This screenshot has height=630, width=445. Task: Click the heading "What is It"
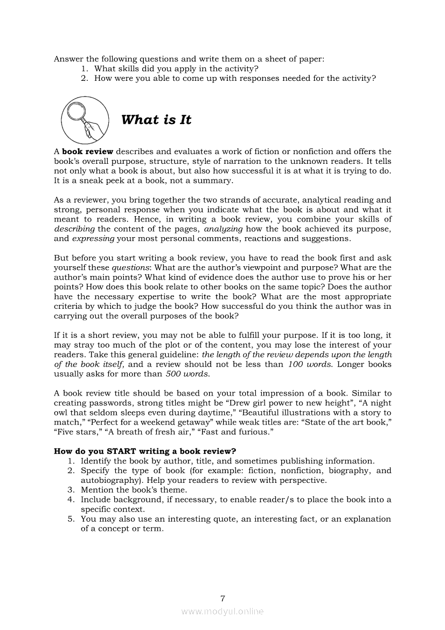click(156, 120)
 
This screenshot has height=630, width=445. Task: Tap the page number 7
click(222, 598)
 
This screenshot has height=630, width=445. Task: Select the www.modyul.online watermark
click(222, 611)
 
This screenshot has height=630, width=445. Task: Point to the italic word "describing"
click(74, 229)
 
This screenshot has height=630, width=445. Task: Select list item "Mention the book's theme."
click(134, 490)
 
